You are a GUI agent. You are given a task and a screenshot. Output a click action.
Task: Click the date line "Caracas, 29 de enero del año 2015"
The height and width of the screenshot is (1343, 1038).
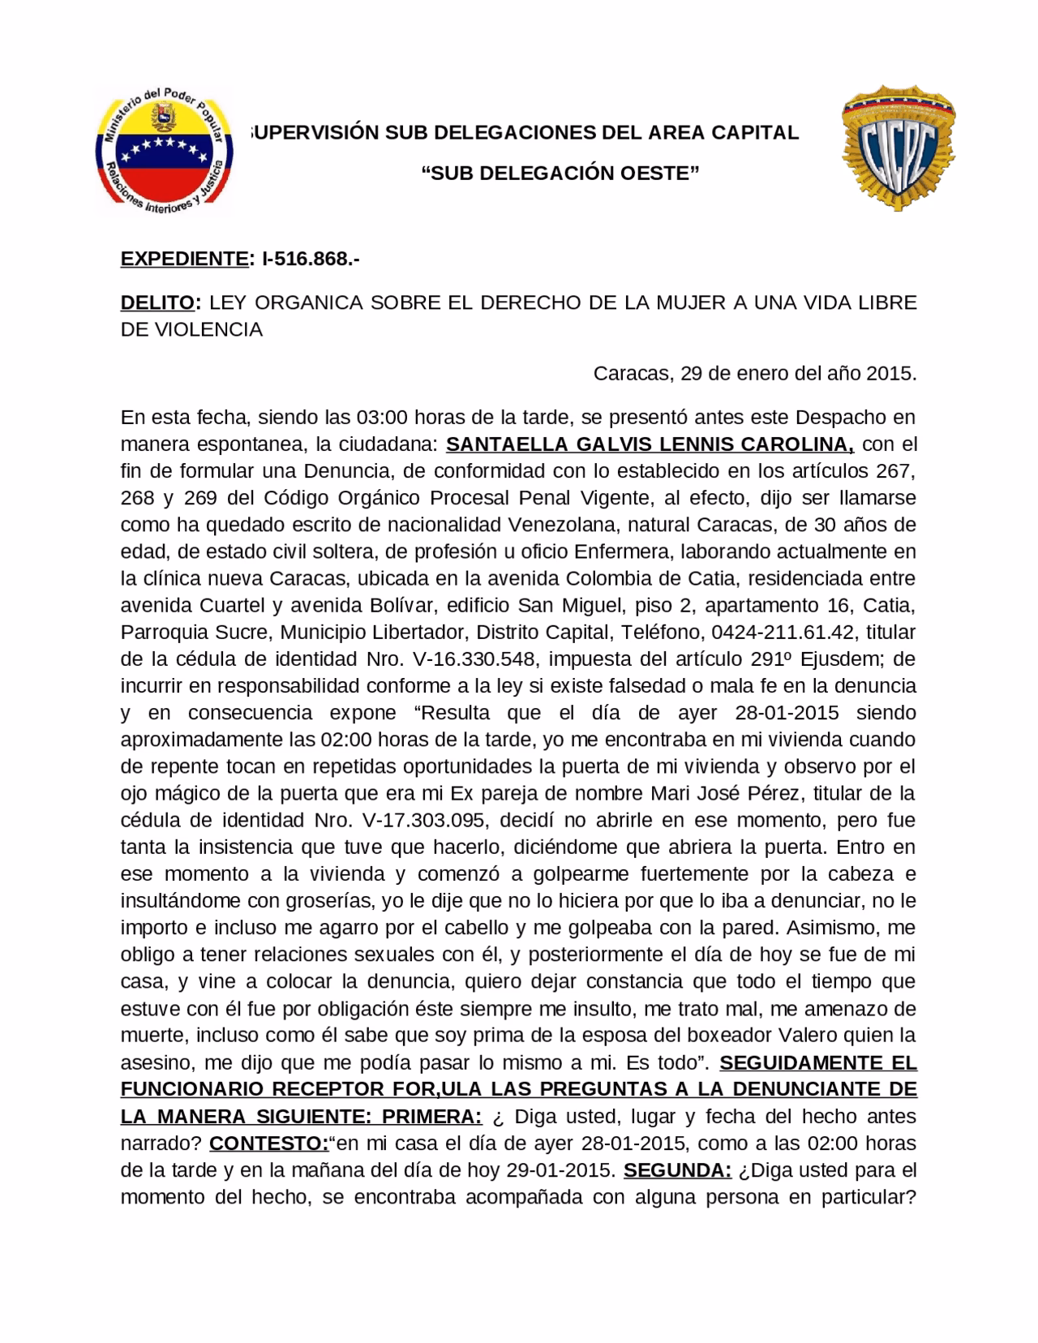754,374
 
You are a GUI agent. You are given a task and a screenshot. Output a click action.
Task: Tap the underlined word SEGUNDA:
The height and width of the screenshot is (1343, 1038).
679,1170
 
